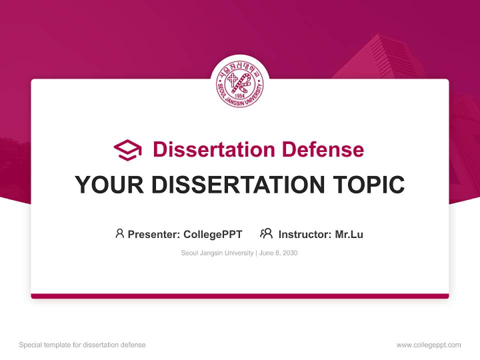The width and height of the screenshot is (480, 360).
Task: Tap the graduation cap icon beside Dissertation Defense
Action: coord(127,150)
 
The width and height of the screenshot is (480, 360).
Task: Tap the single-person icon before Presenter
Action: coord(119,233)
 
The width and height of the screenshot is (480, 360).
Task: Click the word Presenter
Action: coord(153,234)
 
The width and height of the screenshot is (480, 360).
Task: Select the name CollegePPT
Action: coord(213,234)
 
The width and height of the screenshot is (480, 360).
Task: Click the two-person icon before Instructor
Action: coord(266,233)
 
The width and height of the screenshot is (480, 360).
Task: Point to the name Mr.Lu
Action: coord(349,234)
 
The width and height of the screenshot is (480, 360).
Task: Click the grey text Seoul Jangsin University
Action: coord(217,253)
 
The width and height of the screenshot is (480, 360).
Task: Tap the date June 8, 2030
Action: coord(278,253)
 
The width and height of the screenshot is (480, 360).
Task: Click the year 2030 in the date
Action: coord(289,253)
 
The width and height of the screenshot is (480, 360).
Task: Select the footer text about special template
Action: coord(82,345)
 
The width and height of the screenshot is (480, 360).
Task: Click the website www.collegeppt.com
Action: coord(428,345)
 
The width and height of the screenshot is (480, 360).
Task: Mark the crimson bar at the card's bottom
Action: coord(240,296)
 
